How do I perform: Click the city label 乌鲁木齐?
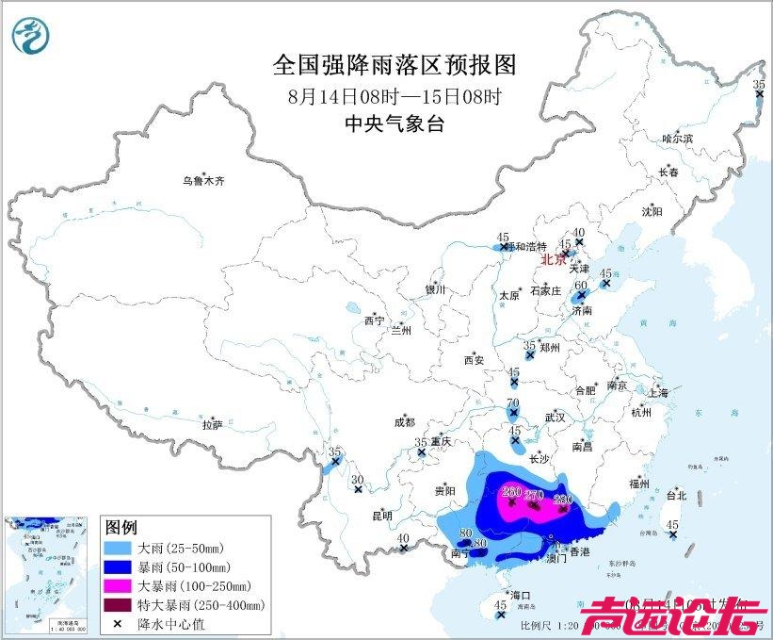coord(204,179)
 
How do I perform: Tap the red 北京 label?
coord(555,260)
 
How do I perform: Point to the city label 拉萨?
coord(212,425)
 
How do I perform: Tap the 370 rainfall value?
coord(534,495)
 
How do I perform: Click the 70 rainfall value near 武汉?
coord(513,403)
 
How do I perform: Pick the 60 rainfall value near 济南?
coord(582,285)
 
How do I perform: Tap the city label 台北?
coord(676,495)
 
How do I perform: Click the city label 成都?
coord(405,424)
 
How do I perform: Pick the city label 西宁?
coord(374,321)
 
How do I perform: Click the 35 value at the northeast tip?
coord(759,85)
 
